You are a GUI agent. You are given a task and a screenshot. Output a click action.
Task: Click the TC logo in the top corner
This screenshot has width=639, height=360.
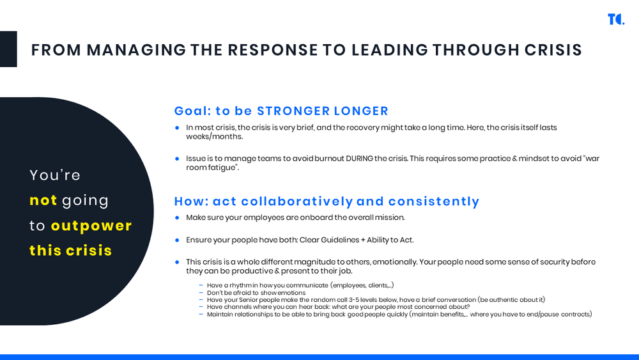pos(615,19)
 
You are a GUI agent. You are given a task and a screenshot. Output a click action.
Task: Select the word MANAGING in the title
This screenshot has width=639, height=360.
pos(136,50)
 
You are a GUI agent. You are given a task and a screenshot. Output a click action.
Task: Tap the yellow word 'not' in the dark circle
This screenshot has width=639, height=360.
pos(43,200)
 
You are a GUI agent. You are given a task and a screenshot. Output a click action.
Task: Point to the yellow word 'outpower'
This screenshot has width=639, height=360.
pos(91,225)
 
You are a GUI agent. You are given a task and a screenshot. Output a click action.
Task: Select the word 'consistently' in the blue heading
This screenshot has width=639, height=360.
pos(434,201)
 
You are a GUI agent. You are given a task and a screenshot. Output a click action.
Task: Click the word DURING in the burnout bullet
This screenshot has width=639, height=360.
pos(361,159)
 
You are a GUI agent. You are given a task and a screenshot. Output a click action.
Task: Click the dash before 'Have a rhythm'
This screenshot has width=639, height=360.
pos(201,285)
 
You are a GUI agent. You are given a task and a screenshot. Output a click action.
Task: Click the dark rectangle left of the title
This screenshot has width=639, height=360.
pos(8,49)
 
